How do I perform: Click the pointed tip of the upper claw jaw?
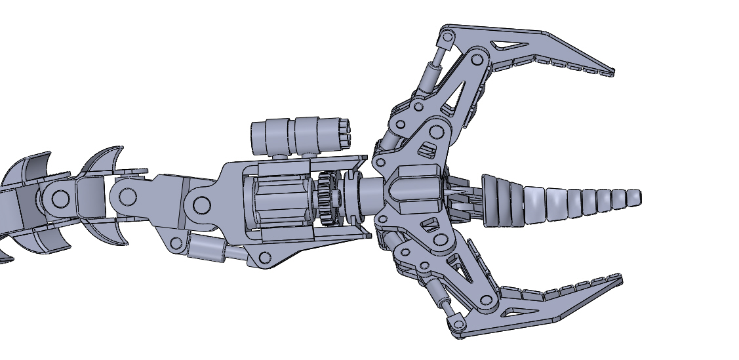coord(611,72)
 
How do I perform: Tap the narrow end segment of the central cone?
coord(633,197)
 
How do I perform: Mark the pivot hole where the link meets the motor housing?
coord(202,205)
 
